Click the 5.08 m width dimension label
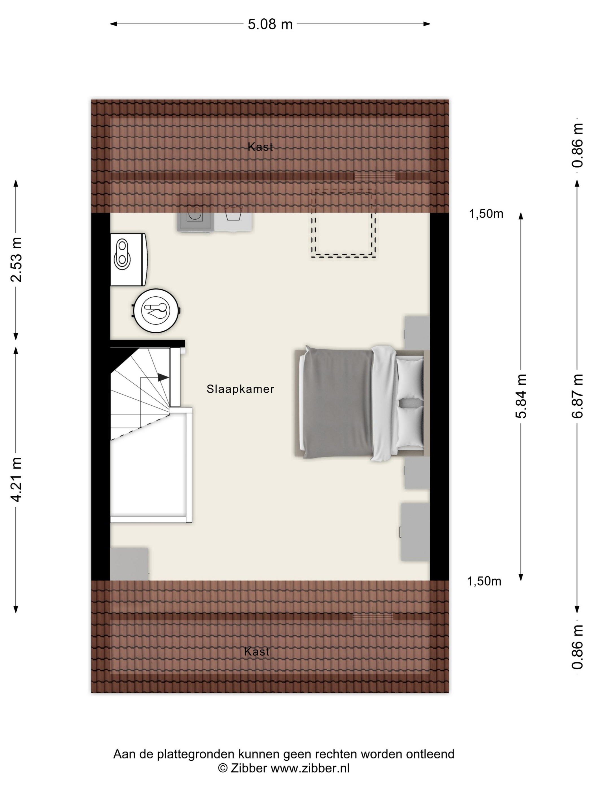click(270, 24)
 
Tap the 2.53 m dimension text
click(16, 260)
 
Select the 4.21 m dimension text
click(16, 479)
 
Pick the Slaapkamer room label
click(240, 389)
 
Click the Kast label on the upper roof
click(260, 147)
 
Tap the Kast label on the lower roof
click(257, 651)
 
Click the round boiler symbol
click(156, 311)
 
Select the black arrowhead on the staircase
click(163, 377)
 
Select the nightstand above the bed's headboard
click(417, 333)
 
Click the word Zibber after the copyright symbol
click(249, 768)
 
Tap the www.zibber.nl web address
click(310, 768)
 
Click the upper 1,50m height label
click(486, 214)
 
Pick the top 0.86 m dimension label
click(577, 145)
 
